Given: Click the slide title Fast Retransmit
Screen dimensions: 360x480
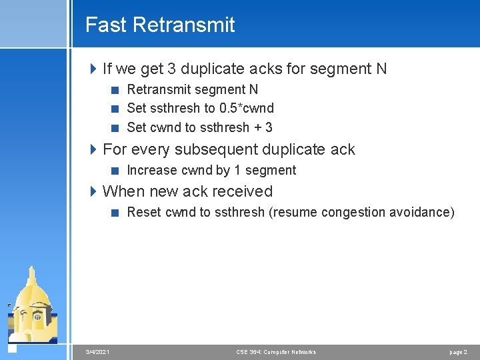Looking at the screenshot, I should click(160, 25).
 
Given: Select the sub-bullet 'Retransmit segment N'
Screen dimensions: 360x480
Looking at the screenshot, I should click(192, 89).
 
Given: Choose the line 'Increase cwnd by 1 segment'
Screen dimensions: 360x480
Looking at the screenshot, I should click(211, 170).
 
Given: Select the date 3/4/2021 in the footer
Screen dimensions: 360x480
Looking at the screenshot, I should click(98, 351).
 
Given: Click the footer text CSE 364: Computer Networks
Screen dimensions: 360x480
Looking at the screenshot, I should click(276, 351).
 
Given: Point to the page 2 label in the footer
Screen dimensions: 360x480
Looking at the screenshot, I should click(458, 351).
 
